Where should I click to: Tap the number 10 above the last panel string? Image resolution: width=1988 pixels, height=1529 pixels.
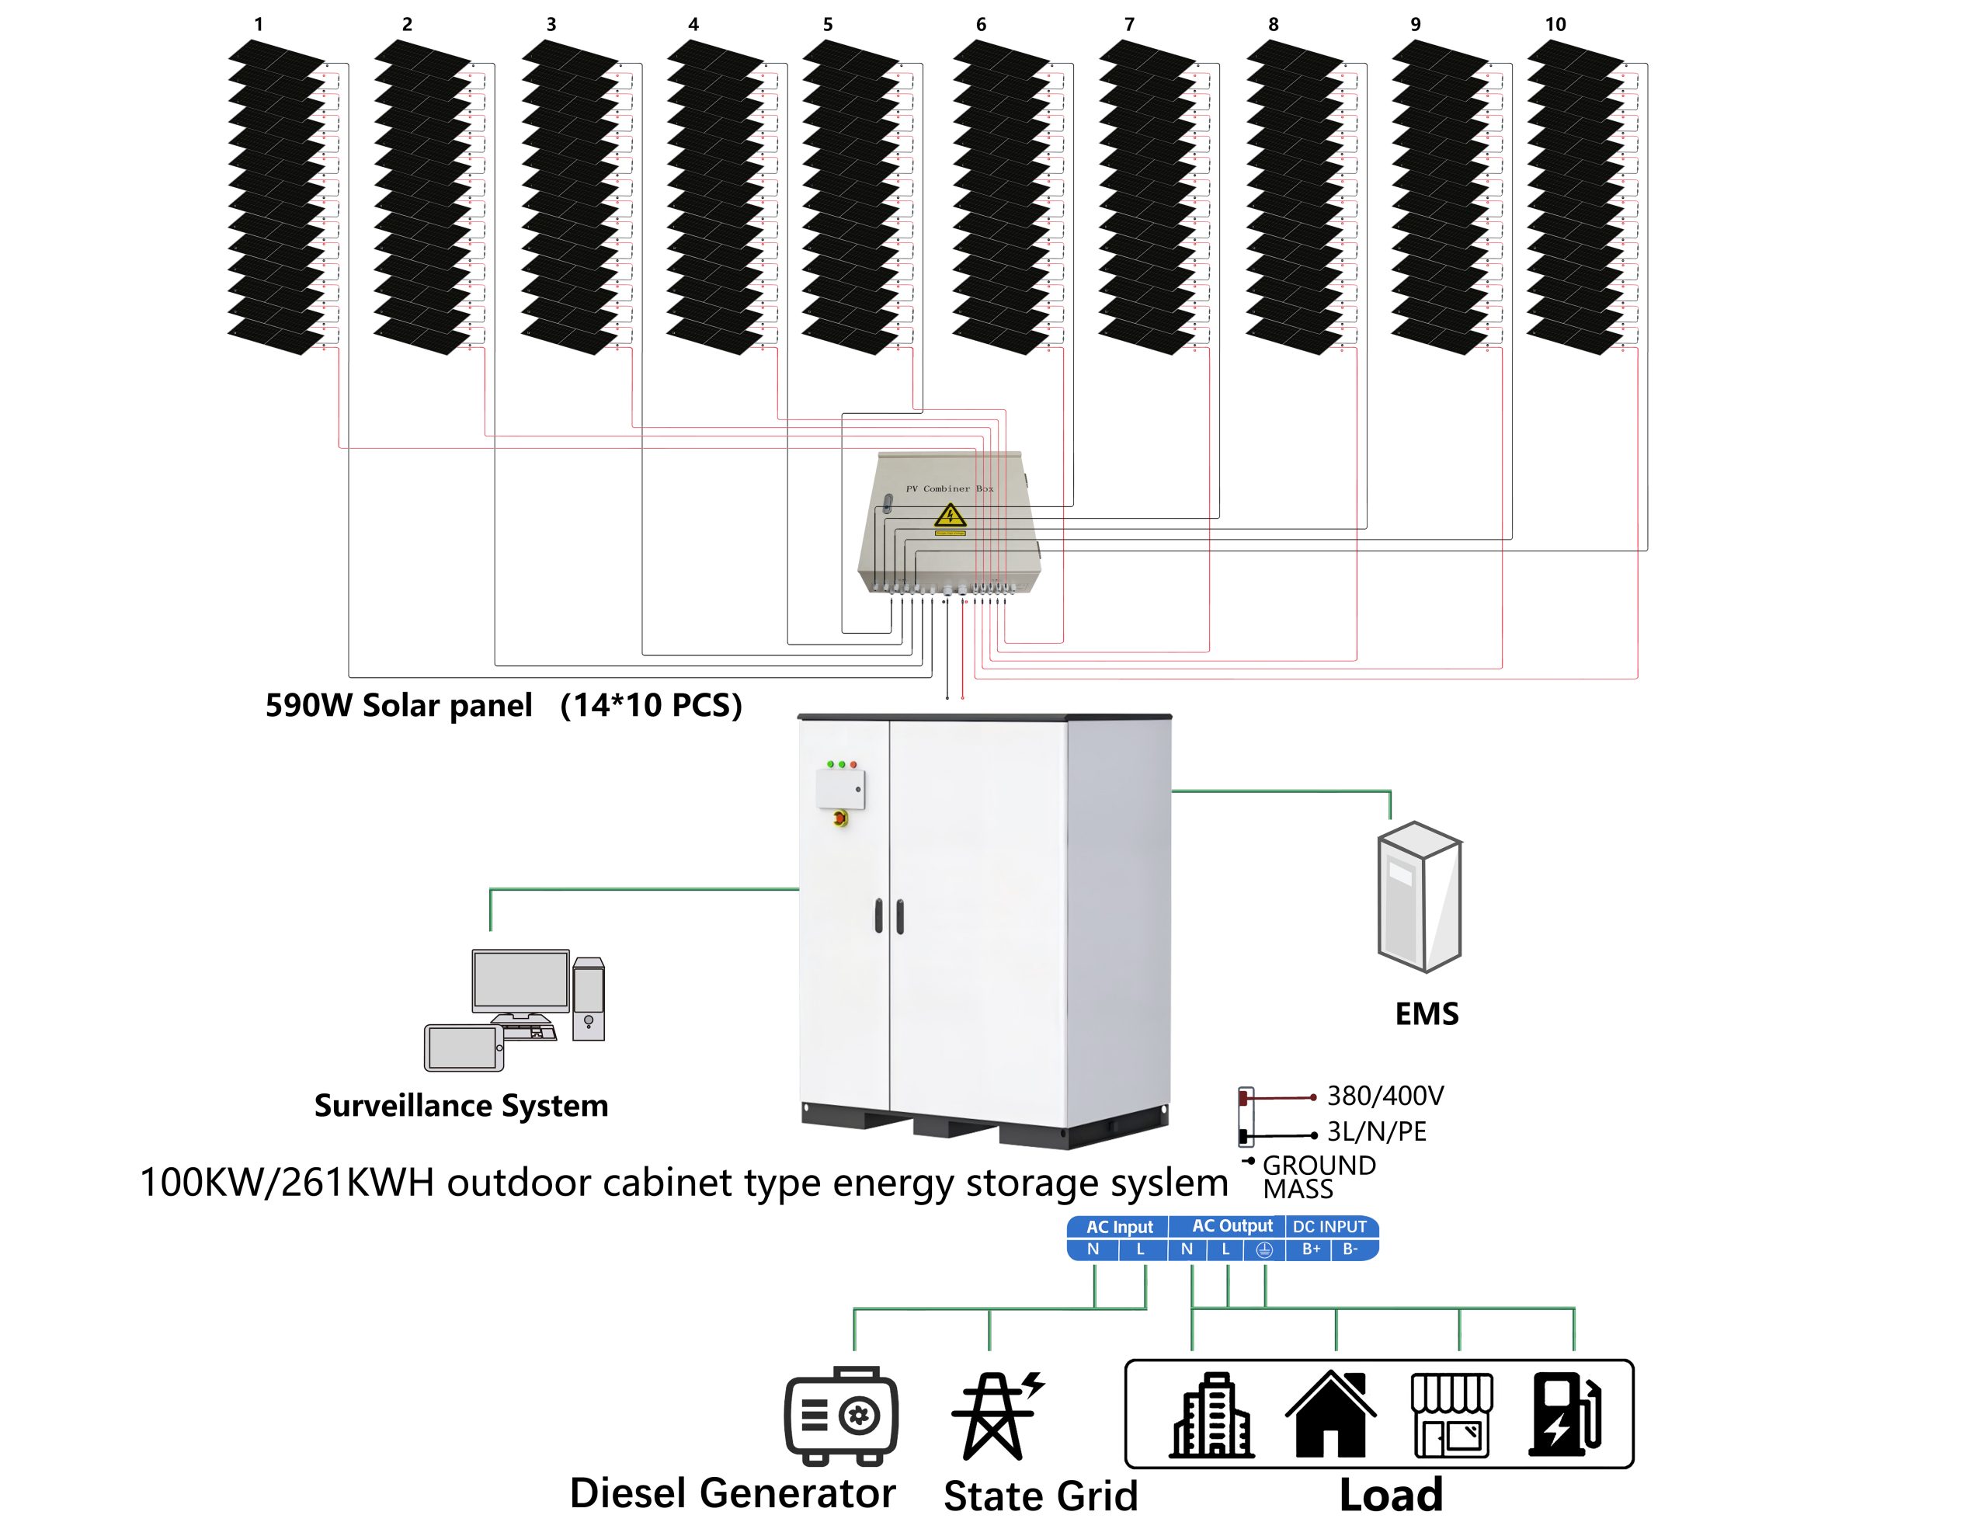pyautogui.click(x=1555, y=25)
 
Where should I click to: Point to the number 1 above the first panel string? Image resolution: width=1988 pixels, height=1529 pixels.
pyautogui.click(x=259, y=25)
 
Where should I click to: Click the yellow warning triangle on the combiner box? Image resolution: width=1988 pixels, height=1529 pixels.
pyautogui.click(x=950, y=517)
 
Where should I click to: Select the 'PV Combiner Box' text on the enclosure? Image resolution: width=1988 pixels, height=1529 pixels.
pyautogui.click(x=950, y=488)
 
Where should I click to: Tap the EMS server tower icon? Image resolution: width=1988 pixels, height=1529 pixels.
pyautogui.click(x=1419, y=896)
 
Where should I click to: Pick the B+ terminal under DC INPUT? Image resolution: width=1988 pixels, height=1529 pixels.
pyautogui.click(x=1311, y=1249)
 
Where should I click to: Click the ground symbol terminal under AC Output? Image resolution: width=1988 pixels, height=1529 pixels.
pyautogui.click(x=1264, y=1249)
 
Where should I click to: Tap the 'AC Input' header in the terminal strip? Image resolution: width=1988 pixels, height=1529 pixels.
pyautogui.click(x=1119, y=1227)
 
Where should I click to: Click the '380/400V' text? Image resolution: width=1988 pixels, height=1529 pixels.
pyautogui.click(x=1385, y=1096)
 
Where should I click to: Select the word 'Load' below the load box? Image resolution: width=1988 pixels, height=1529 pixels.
pyautogui.click(x=1391, y=1494)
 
